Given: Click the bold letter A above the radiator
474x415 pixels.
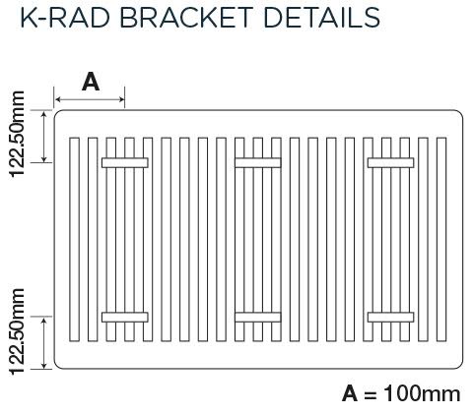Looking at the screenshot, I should [90, 83].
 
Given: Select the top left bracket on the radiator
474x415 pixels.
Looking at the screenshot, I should [125, 161].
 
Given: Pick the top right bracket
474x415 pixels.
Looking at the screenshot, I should [391, 161].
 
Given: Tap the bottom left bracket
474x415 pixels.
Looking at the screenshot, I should [125, 317].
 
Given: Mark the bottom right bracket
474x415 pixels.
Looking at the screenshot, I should [391, 317].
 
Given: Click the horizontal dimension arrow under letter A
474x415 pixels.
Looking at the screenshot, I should [90, 98].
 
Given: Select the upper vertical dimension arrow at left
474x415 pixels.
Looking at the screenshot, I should [46, 136].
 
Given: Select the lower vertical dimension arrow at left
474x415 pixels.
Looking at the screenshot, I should [46, 342].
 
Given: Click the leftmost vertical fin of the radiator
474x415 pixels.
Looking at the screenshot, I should [74, 240].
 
